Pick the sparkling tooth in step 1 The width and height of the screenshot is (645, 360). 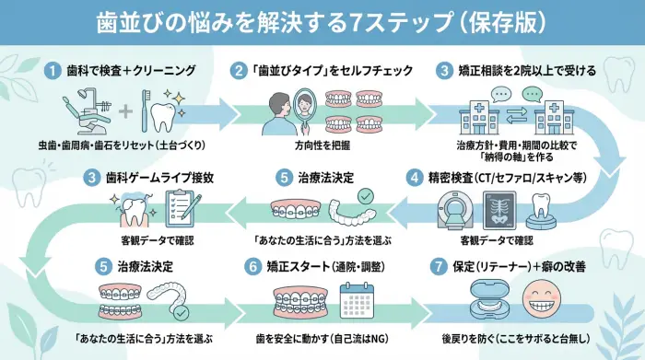point(164,112)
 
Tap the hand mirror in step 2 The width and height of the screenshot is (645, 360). point(309,111)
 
